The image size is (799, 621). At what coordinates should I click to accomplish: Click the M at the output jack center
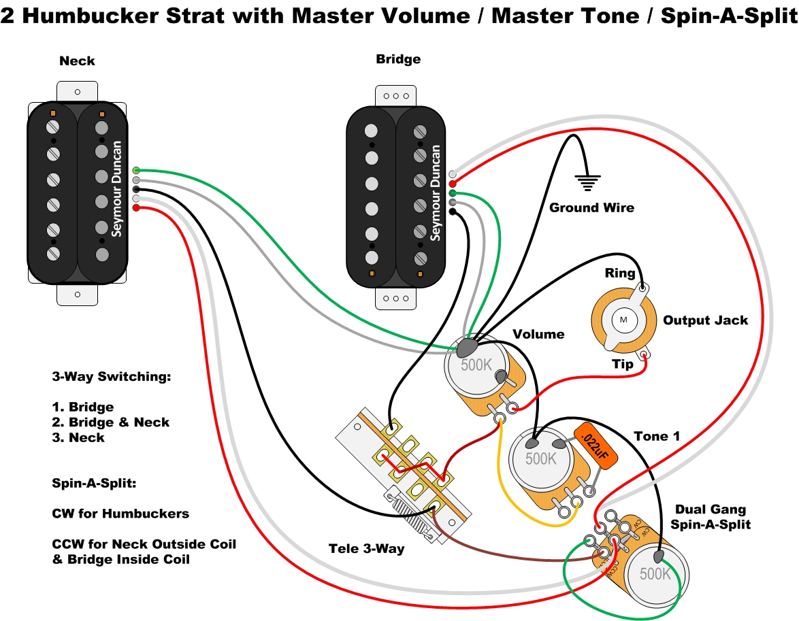tap(623, 319)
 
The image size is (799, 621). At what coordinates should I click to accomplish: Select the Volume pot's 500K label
tap(476, 365)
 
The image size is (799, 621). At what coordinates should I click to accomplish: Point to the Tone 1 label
tap(656, 436)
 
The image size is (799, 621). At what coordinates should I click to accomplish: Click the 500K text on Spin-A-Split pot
tap(655, 573)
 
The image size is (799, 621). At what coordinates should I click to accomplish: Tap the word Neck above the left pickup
tap(77, 61)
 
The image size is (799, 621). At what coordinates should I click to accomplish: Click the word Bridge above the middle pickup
tap(398, 59)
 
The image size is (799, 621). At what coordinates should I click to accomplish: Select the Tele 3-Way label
tap(366, 548)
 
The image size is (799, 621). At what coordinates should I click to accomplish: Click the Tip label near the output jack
tap(621, 364)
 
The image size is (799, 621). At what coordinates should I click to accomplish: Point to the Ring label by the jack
tap(620, 273)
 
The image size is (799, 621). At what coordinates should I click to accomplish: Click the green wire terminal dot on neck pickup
tap(137, 169)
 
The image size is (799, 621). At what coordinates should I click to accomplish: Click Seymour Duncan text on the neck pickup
tap(117, 189)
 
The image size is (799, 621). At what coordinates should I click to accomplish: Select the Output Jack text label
tap(705, 320)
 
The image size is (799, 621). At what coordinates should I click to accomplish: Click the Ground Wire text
tap(591, 207)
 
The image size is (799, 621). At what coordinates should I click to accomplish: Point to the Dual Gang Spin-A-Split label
tap(710, 516)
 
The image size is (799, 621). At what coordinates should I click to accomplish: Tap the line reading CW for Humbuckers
tap(120, 514)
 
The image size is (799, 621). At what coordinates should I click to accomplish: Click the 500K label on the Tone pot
tap(541, 458)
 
